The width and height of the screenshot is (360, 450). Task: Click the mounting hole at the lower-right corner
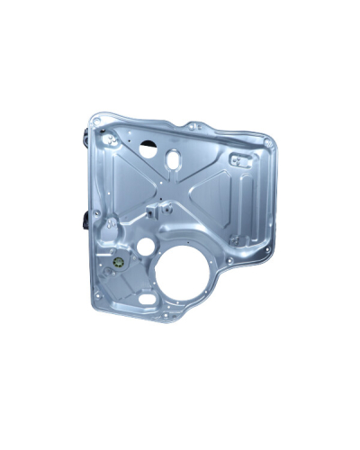click(x=230, y=261)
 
